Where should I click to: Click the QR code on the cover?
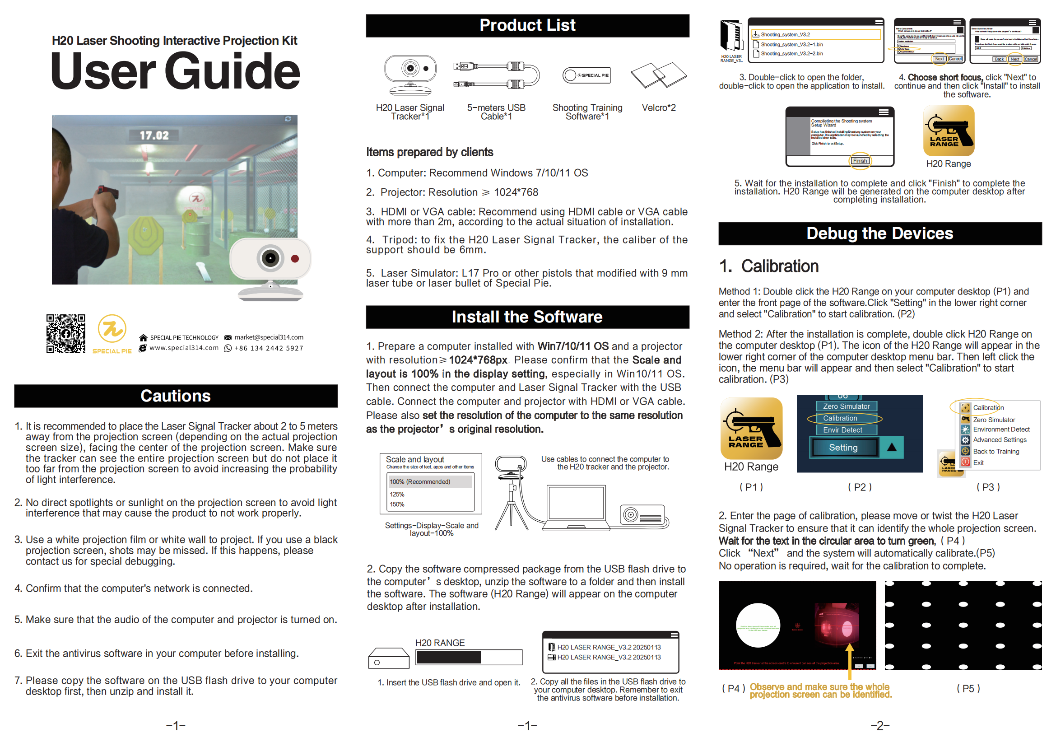[x=66, y=333]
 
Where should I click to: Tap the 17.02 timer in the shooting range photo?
[x=154, y=135]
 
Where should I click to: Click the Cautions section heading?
[x=175, y=396]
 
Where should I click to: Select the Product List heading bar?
[x=527, y=25]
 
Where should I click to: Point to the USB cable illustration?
[x=496, y=75]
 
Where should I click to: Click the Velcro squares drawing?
[x=659, y=75]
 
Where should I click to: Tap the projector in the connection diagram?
[x=643, y=515]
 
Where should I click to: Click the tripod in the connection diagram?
[x=512, y=506]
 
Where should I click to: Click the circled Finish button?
[x=860, y=160]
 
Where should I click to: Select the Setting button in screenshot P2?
[x=843, y=448]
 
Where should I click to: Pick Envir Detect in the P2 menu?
[x=842, y=430]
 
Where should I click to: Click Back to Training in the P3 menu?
[x=996, y=451]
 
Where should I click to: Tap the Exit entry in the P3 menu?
[x=978, y=463]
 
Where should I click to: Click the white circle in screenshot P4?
[x=758, y=625]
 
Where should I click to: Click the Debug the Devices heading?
[x=879, y=233]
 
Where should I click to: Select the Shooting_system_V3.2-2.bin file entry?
[x=791, y=53]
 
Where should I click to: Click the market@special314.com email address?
[x=269, y=337]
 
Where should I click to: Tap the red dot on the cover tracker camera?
[x=295, y=258]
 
